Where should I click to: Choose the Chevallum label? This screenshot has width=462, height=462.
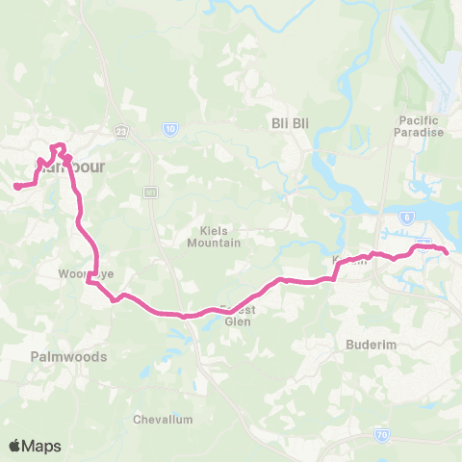tap(164, 420)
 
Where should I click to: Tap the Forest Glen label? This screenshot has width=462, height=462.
tap(237, 316)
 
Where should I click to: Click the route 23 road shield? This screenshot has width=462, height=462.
tap(120, 129)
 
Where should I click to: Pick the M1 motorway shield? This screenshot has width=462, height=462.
tap(150, 192)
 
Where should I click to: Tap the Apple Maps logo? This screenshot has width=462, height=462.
tap(35, 446)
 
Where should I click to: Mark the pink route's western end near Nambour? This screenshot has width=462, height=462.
tap(15, 187)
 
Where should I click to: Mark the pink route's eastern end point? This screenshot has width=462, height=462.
tap(448, 251)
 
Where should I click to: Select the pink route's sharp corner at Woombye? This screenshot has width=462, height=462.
tap(88, 282)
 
